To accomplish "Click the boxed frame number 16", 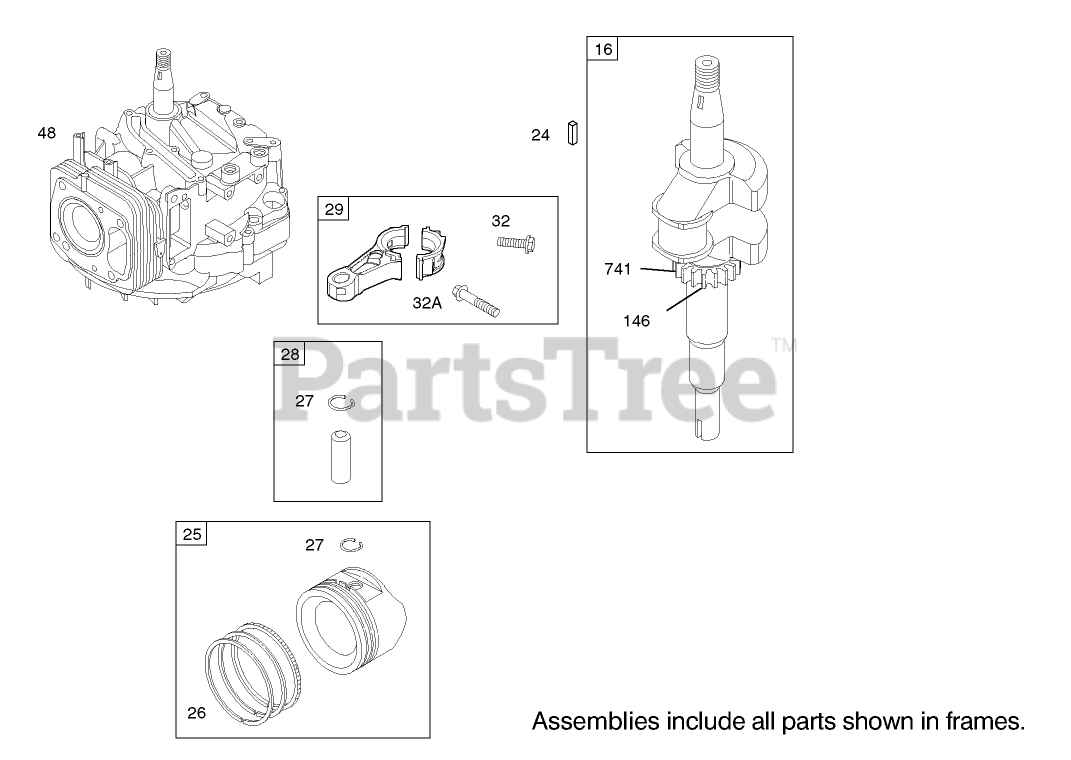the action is [603, 48].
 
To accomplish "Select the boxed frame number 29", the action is [334, 208].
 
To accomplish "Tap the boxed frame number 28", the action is [289, 353].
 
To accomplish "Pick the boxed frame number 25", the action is [192, 534].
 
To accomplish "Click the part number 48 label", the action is [47, 132].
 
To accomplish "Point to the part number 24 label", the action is [540, 135].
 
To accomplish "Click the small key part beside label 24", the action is [573, 133].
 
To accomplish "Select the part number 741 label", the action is [617, 269].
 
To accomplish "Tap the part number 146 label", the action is [636, 321].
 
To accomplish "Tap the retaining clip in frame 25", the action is [351, 544].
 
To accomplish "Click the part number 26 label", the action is [196, 713].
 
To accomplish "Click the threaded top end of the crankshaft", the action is [707, 71].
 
